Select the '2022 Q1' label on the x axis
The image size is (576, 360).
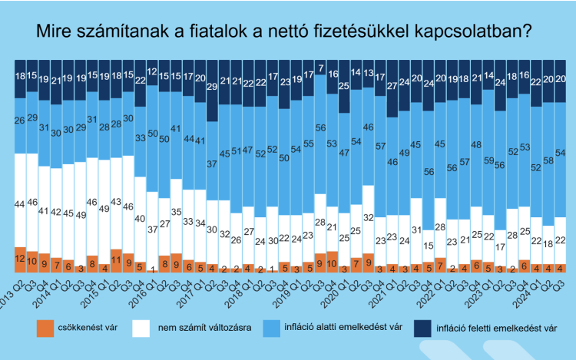click(446, 288)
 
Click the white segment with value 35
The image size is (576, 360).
click(176, 211)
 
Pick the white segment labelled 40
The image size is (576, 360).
click(140, 218)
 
